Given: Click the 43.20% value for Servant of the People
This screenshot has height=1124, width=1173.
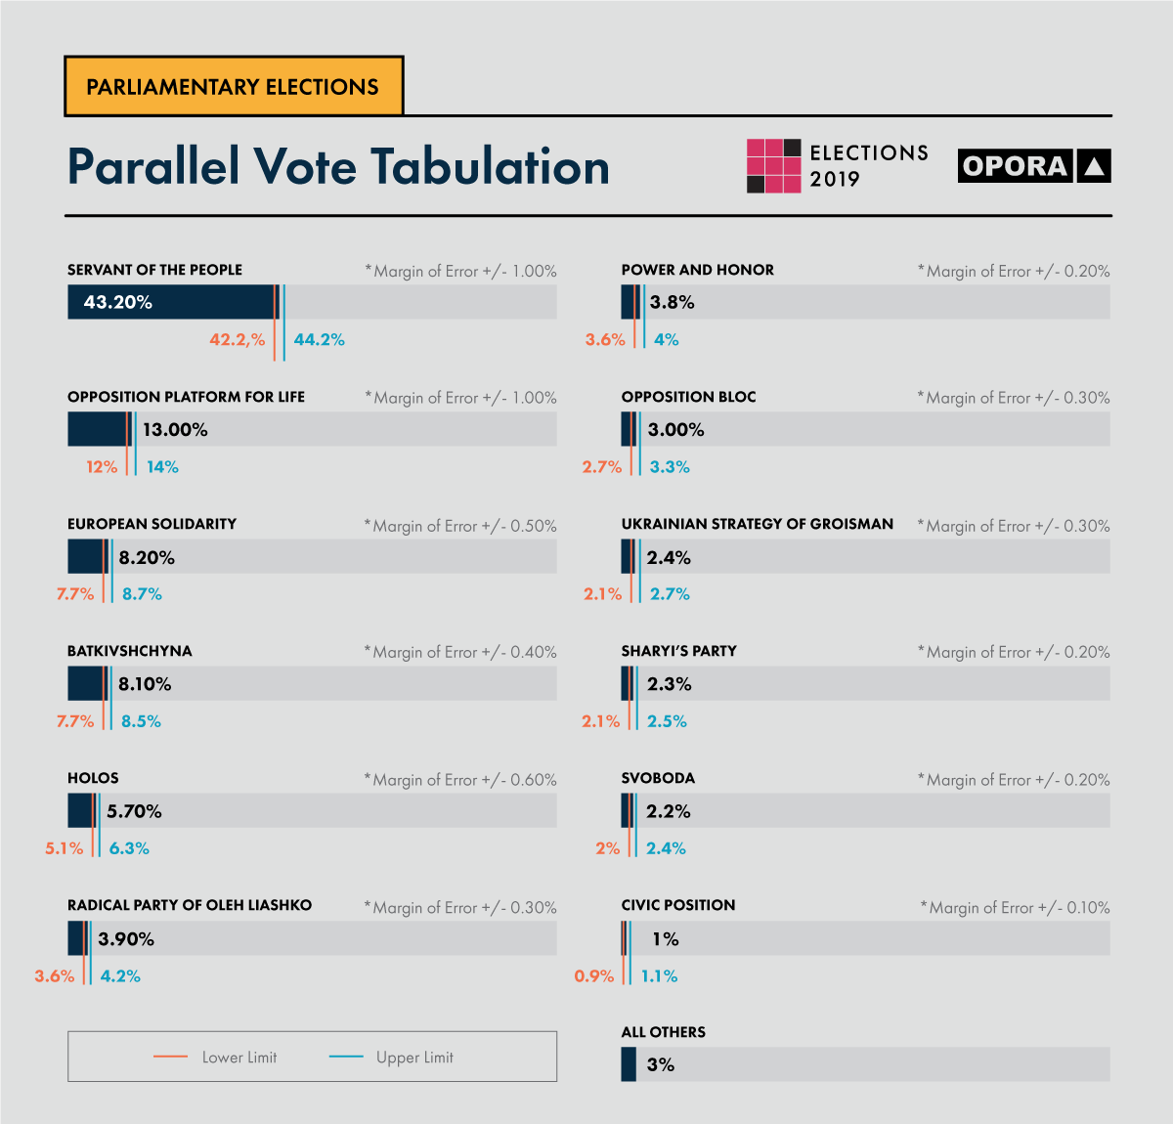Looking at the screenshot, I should point(118,302).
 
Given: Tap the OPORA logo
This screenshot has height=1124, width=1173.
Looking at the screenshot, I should point(1034,166).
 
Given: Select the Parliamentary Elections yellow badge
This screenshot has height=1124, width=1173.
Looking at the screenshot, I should point(234,87).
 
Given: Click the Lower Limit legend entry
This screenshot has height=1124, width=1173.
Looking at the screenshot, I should point(216,1058).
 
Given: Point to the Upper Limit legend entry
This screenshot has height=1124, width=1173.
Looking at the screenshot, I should point(392,1058).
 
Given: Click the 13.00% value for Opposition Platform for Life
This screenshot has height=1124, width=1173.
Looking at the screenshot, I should point(175,430).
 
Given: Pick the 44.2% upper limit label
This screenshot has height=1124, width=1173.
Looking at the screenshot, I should point(320,340).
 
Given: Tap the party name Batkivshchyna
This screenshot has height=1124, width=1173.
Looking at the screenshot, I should point(130,651).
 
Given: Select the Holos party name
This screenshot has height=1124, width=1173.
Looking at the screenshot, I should point(93,778).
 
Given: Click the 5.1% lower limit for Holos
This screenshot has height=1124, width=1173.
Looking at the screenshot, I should point(64,848).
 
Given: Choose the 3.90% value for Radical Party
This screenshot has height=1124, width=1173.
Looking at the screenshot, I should point(126,939).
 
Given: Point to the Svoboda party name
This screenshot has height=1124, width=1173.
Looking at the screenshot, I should point(658,778).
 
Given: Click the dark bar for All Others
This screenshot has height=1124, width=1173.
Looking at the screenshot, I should point(629,1064).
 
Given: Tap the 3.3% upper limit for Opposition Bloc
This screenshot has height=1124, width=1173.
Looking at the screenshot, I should point(670,467).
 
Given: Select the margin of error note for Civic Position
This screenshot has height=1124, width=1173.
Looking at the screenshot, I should point(1015,908).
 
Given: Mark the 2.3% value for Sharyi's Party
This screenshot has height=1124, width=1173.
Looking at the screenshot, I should point(670,684).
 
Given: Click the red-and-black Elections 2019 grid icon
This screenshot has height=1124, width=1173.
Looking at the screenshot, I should point(773,166).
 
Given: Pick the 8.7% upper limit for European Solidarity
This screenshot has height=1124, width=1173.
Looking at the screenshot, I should point(142,594).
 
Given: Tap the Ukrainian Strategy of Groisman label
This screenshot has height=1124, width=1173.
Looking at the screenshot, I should point(758,524).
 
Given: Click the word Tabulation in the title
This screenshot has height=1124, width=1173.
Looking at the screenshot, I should point(490,167).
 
